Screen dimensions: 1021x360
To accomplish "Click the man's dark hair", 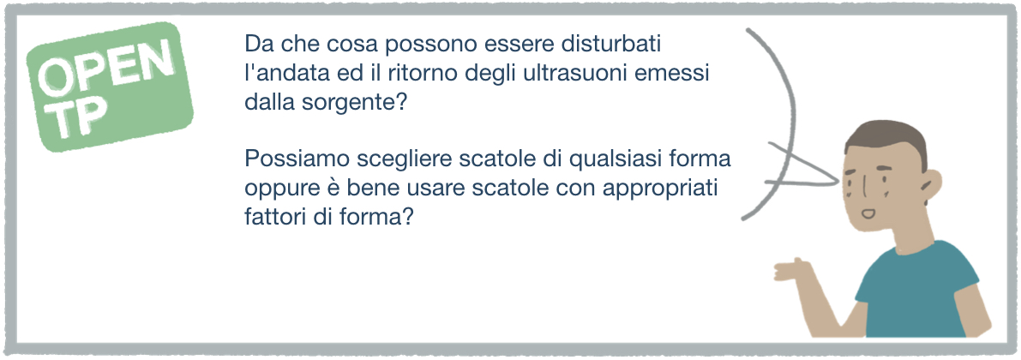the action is pyautogui.click(x=886, y=139).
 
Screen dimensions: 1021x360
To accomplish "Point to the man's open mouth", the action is pyautogui.click(x=868, y=213).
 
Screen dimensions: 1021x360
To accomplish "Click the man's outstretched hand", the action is pyautogui.click(x=790, y=268).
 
